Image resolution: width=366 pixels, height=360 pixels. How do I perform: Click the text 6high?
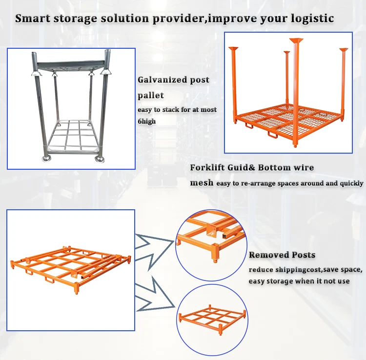coord(147,121)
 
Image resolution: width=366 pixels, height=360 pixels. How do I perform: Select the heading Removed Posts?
coord(282,255)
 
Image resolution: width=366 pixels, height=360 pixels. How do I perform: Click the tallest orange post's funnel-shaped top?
coord(296,41)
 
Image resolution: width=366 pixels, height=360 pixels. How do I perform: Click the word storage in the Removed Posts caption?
coord(280,281)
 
